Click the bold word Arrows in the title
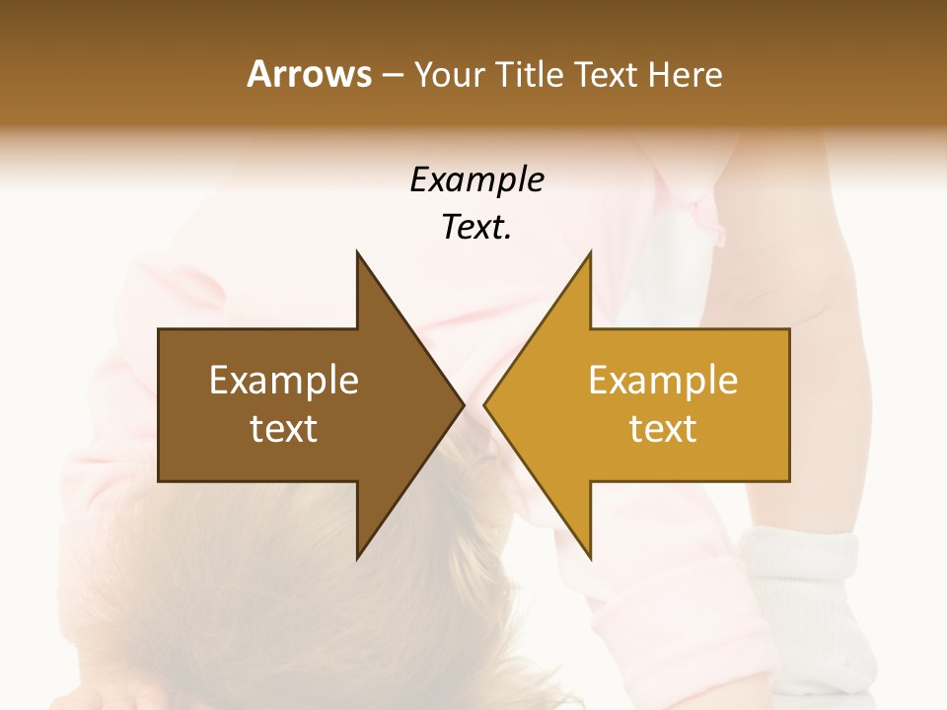click(x=309, y=74)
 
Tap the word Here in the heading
click(x=685, y=74)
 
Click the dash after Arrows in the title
click(x=392, y=75)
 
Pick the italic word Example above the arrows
click(x=476, y=180)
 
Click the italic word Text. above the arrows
click(x=476, y=228)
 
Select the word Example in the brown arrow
click(x=284, y=381)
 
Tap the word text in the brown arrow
click(x=284, y=429)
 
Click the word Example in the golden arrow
click(x=663, y=381)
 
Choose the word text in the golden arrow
click(x=663, y=429)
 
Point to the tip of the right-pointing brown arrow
click(x=464, y=404)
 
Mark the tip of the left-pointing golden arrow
click(x=484, y=404)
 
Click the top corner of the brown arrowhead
click(x=357, y=252)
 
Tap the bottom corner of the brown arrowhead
click(x=357, y=557)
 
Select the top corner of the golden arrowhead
click(x=591, y=252)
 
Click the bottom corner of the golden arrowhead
click(x=591, y=557)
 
